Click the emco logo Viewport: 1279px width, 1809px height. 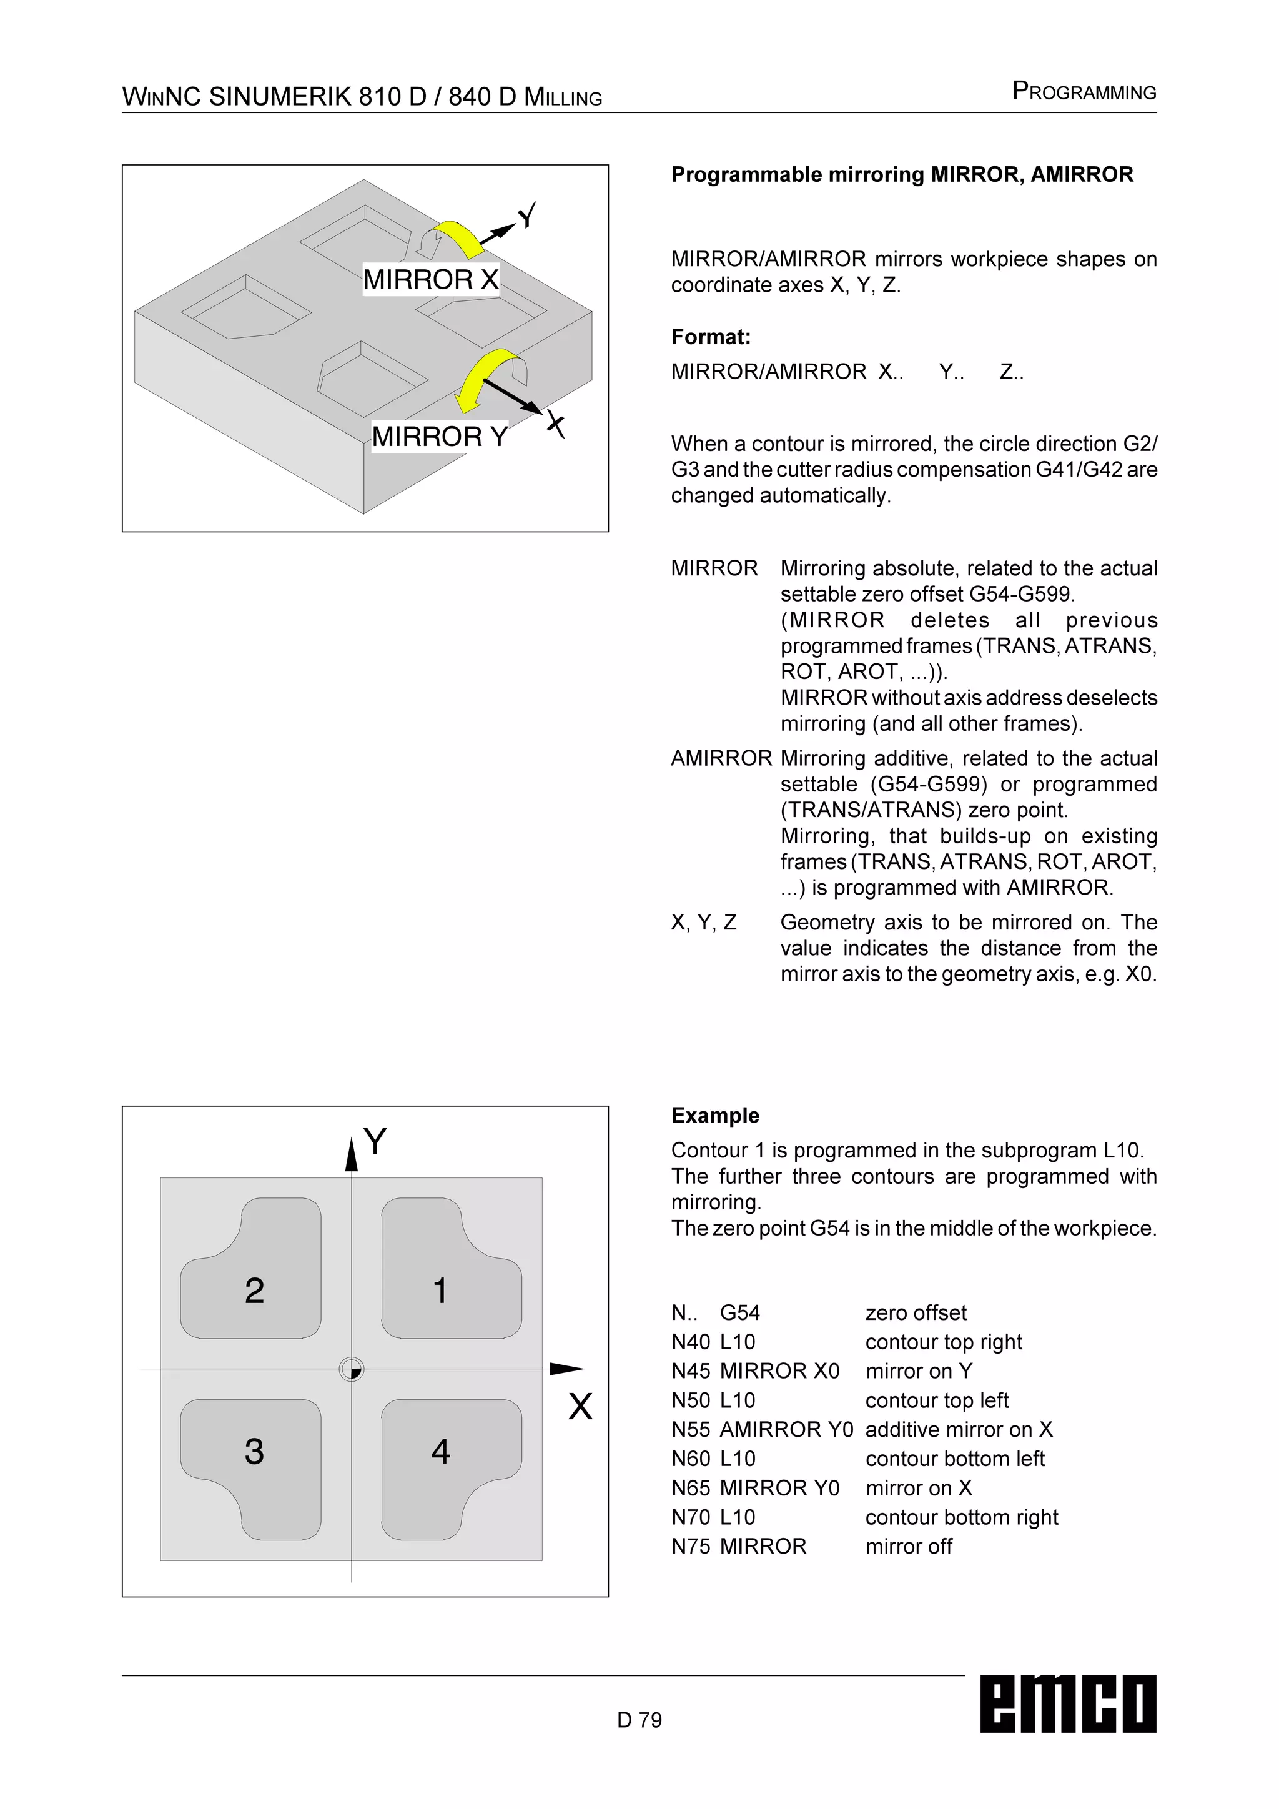click(1067, 1703)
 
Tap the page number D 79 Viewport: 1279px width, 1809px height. click(639, 1720)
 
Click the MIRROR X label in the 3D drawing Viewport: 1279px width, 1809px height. click(430, 279)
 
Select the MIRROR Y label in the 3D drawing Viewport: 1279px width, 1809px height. click(440, 436)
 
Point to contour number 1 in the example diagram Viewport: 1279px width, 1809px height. click(440, 1291)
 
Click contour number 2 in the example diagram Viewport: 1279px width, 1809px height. click(254, 1291)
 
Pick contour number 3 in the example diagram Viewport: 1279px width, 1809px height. click(254, 1451)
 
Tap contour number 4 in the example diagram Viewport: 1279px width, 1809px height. click(440, 1451)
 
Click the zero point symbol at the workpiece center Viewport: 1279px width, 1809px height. click(351, 1369)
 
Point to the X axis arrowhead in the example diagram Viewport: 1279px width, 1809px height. click(567, 1369)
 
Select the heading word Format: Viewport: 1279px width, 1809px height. click(710, 337)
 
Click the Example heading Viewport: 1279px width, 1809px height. click(715, 1115)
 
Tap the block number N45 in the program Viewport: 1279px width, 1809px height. click(691, 1371)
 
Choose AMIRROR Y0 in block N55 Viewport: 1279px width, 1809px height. click(786, 1429)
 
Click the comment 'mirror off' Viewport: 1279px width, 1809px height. click(908, 1547)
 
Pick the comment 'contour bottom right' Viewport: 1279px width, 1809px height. click(961, 1517)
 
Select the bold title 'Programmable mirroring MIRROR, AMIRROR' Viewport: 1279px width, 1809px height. click(902, 174)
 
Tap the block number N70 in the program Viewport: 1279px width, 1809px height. click(691, 1517)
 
